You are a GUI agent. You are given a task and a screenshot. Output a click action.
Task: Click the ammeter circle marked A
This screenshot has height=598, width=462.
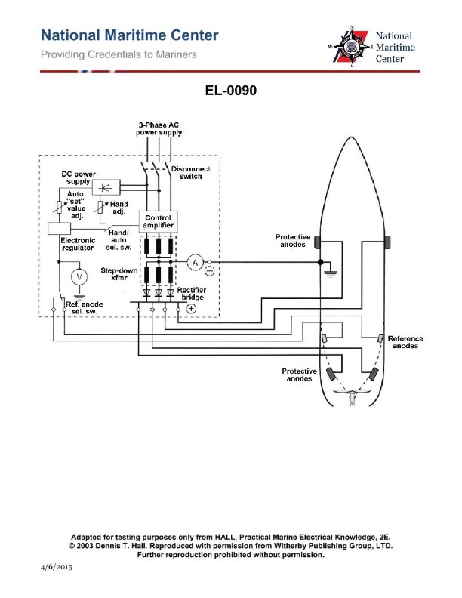coord(194,262)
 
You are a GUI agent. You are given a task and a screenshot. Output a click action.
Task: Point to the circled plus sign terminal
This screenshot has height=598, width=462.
coord(191,308)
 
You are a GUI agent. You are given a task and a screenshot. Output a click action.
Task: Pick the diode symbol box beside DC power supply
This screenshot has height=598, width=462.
coord(104,187)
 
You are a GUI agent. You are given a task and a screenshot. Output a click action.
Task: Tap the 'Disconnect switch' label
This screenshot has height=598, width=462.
coord(191,173)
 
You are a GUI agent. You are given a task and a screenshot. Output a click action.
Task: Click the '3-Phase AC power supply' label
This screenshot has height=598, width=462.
coord(159,128)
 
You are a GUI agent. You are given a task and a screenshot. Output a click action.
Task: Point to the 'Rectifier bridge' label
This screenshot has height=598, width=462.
coord(191,294)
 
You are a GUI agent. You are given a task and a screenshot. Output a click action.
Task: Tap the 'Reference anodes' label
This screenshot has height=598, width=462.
coord(405,342)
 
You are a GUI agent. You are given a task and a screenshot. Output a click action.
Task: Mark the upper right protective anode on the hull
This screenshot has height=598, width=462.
coord(387,241)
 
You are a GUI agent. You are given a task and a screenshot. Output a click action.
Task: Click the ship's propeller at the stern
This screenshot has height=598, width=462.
coord(352,399)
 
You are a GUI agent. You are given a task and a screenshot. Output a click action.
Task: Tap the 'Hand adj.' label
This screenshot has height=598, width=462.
coord(118,208)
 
